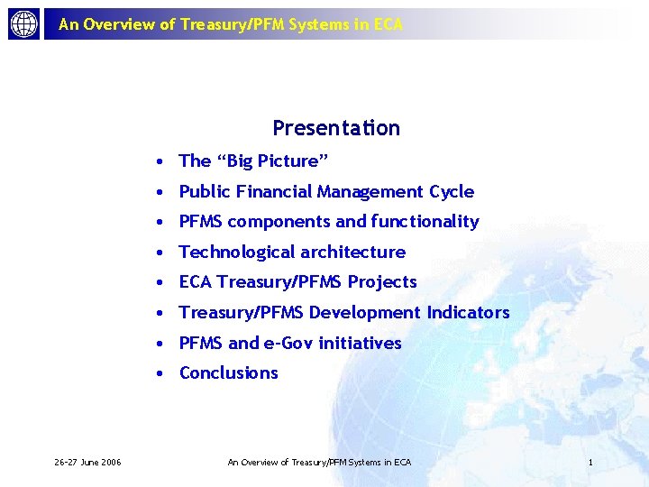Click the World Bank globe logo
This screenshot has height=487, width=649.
(24, 24)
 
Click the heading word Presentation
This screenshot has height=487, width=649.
(336, 128)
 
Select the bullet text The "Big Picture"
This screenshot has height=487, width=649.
(253, 161)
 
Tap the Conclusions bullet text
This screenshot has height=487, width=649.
(229, 373)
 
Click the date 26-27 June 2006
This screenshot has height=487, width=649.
(87, 463)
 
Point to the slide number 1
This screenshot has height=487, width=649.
(590, 463)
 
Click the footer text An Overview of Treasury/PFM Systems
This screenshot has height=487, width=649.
(319, 463)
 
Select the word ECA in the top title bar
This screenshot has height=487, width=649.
(388, 24)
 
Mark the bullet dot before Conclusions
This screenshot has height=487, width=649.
(158, 373)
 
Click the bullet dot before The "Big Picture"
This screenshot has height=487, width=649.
(158, 162)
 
